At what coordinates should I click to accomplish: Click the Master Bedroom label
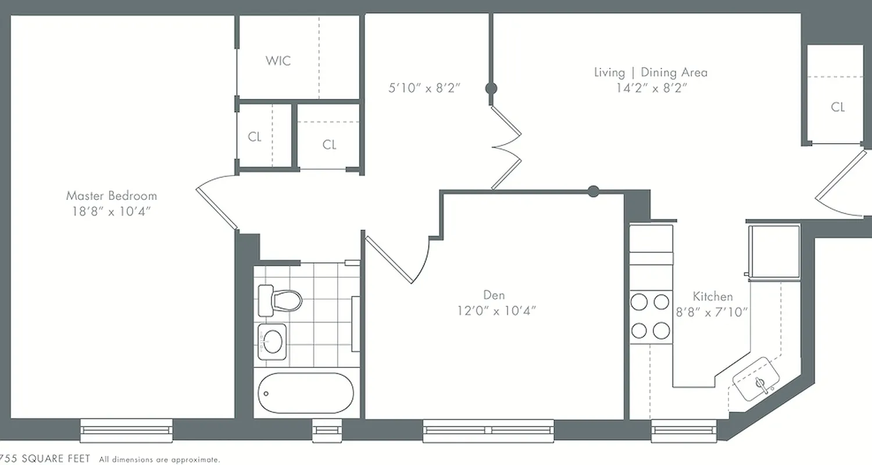[111, 196]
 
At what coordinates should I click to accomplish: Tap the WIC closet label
[278, 60]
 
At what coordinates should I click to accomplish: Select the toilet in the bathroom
[280, 301]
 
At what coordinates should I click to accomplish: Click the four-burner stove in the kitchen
[651, 316]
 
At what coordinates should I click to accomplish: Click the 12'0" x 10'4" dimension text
[496, 311]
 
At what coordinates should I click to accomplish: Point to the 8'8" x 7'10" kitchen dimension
[712, 312]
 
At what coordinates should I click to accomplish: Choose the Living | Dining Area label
[651, 73]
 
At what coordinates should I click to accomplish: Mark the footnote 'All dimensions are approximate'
[159, 460]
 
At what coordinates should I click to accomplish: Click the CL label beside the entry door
[838, 107]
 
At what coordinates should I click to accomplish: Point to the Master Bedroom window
[126, 430]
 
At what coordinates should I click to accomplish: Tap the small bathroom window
[327, 430]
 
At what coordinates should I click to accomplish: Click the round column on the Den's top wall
[593, 191]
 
